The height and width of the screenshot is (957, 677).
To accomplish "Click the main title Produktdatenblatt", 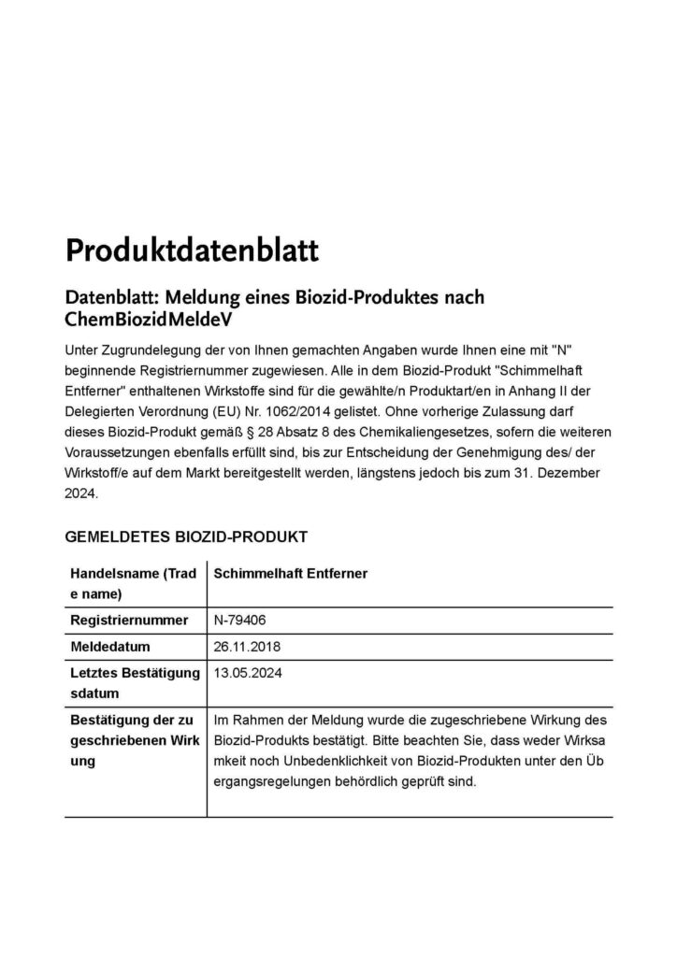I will click(x=192, y=250).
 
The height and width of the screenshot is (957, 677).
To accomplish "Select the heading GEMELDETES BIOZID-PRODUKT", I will click(x=186, y=537).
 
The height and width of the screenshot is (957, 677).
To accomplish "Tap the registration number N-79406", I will click(x=242, y=621).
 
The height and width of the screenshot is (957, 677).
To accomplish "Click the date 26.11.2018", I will click(x=248, y=647).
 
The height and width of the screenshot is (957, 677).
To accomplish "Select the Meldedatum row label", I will click(x=110, y=647).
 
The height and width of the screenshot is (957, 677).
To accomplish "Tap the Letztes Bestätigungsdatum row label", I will click(x=135, y=682).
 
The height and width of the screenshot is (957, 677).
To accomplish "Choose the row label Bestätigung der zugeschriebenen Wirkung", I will click(x=132, y=740).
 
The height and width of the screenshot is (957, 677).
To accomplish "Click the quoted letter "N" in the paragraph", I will click(x=561, y=349).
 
